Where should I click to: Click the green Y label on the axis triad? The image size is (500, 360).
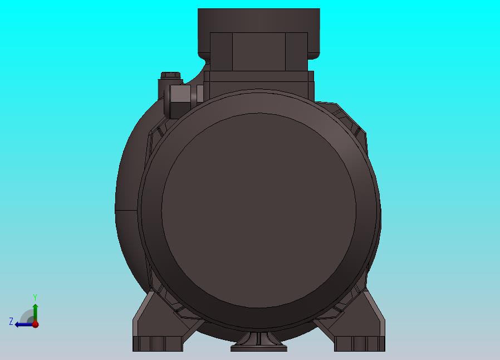click(x=35, y=298)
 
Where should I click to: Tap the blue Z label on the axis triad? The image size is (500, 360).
click(x=11, y=321)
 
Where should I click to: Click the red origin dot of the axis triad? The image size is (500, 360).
click(x=36, y=324)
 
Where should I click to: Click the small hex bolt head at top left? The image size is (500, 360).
click(x=170, y=76)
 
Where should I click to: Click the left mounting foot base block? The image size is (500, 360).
click(x=158, y=344)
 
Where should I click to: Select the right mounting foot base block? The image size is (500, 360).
click(x=359, y=344)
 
